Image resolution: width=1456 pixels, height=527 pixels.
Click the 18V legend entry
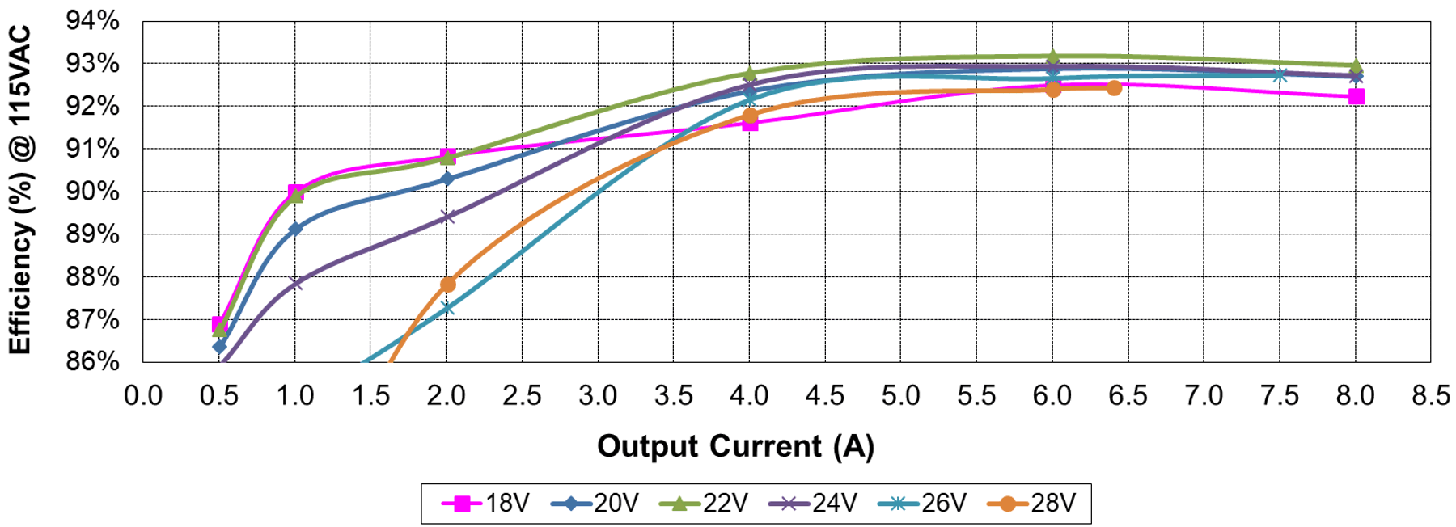click(486, 504)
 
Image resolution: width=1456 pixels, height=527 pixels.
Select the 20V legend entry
click(595, 504)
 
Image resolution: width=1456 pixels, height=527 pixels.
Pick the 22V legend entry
click(705, 504)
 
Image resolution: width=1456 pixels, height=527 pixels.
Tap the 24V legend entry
click(814, 504)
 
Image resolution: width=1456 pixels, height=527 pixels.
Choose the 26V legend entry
click(923, 504)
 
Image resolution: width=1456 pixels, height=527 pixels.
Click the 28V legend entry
click(1032, 504)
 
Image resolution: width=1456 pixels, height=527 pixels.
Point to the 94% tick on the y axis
click(93, 21)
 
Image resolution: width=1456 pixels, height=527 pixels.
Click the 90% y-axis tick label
click(93, 192)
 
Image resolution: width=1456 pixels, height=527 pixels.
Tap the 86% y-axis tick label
click(93, 360)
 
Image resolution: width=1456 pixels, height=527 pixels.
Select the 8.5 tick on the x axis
click(1430, 395)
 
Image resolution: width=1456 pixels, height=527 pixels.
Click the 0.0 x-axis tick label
click(143, 395)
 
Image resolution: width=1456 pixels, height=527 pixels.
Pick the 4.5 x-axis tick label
click(825, 395)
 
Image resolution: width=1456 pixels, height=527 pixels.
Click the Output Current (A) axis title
click(735, 446)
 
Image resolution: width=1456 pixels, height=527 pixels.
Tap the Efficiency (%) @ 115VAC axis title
click(20, 190)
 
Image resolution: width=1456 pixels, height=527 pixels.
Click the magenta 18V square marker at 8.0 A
click(1356, 97)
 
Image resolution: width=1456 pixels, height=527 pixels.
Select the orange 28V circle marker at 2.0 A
click(447, 285)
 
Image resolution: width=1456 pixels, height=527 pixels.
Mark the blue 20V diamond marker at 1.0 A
click(295, 229)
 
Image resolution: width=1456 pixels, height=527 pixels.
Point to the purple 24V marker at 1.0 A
click(295, 283)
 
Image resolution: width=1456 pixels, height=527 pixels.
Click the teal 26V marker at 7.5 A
click(1279, 75)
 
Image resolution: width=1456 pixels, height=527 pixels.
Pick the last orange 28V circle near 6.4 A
click(1114, 87)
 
